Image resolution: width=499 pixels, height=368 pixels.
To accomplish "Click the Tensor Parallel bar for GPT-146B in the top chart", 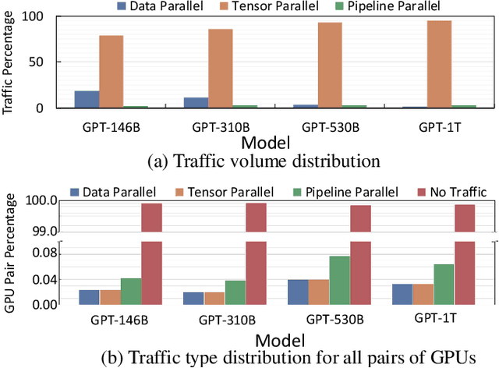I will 111,72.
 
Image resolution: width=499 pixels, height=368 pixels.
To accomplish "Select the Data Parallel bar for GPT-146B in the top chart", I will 87,100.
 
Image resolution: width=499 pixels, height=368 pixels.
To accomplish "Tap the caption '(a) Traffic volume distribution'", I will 264,161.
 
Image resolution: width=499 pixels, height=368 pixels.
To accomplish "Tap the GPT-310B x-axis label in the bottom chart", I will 225,320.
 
